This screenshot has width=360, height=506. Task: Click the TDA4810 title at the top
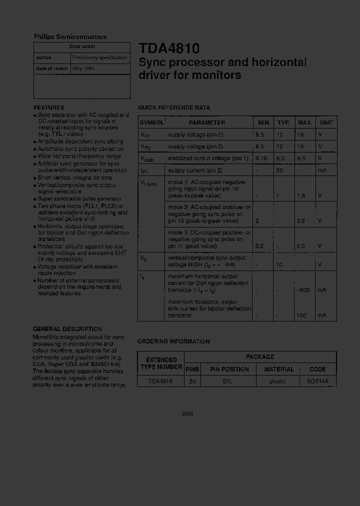(x=169, y=48)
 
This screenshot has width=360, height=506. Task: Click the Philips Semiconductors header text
(x=70, y=36)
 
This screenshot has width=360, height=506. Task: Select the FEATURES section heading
(x=49, y=107)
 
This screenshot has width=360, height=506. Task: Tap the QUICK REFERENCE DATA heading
(x=174, y=107)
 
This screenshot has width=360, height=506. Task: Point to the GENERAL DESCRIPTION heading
(x=67, y=329)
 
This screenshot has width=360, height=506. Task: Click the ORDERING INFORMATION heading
(x=173, y=341)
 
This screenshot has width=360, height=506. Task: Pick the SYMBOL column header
(x=151, y=122)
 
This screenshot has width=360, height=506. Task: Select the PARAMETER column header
(x=207, y=122)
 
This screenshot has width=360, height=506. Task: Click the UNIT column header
(x=326, y=122)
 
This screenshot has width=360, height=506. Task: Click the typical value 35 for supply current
(x=280, y=170)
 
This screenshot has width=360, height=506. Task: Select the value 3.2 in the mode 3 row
(x=259, y=246)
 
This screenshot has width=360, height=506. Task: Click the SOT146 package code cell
(x=317, y=381)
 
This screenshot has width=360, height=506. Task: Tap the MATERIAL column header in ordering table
(x=279, y=369)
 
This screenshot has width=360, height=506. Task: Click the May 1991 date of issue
(x=83, y=68)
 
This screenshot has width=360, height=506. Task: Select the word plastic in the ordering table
(x=277, y=381)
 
